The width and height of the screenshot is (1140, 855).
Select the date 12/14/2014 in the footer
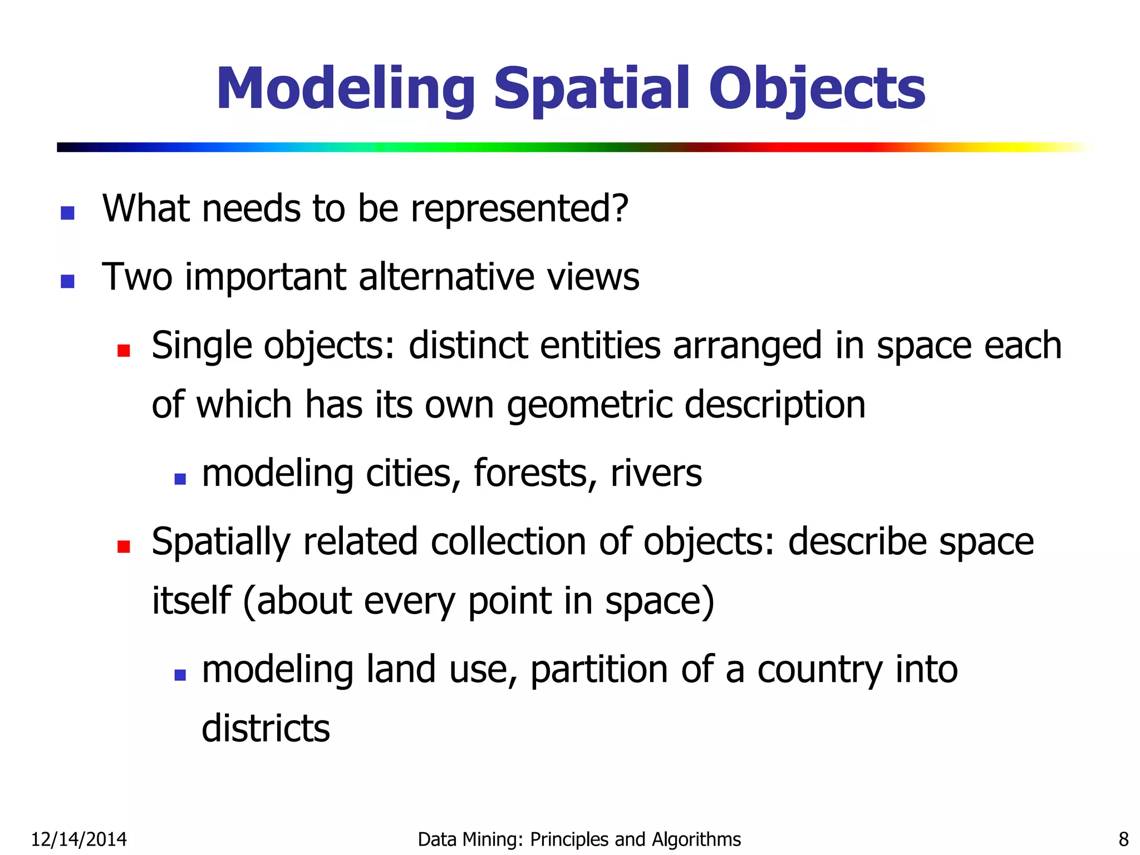tap(78, 839)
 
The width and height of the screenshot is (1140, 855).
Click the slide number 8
tap(1123, 839)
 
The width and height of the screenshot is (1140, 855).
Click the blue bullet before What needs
tap(67, 213)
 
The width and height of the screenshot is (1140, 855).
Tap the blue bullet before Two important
tap(67, 281)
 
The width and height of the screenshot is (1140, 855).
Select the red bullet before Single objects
tap(124, 350)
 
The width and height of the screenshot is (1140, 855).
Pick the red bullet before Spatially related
tap(124, 546)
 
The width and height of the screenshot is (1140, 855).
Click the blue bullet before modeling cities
tap(180, 479)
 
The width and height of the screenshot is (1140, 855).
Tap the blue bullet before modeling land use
tap(180, 675)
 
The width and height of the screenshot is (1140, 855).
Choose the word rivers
tap(656, 474)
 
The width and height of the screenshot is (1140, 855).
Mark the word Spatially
tap(221, 543)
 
